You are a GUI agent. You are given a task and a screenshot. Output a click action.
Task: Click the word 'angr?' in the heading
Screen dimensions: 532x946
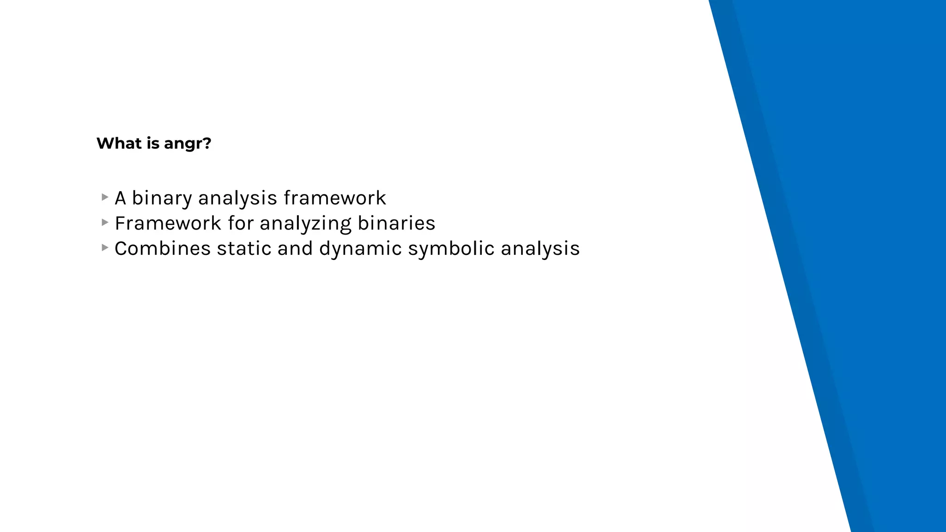point(188,144)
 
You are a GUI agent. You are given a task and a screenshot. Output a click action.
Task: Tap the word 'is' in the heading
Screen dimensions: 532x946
point(153,143)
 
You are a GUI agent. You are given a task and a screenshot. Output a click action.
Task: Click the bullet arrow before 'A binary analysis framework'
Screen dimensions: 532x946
point(105,197)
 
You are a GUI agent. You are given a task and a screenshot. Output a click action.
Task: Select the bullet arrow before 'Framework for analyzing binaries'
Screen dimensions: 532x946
point(105,223)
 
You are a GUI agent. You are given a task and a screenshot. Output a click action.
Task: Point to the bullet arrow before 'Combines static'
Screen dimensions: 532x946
point(105,248)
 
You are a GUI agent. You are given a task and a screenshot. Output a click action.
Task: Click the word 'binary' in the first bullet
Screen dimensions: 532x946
point(162,199)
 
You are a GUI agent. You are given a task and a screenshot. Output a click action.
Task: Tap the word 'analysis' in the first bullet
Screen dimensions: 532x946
point(237,199)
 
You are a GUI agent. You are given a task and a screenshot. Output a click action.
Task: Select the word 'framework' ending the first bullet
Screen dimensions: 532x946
point(334,198)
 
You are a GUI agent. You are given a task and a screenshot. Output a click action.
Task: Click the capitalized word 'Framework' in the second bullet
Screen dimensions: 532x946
point(168,224)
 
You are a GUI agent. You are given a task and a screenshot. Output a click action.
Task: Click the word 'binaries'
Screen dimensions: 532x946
point(396,224)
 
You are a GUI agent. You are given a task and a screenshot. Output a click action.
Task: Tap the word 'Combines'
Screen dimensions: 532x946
point(163,249)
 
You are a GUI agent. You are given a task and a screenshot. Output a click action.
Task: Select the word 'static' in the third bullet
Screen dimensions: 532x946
point(244,249)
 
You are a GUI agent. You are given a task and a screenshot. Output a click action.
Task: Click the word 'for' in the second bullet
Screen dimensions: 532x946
point(241,224)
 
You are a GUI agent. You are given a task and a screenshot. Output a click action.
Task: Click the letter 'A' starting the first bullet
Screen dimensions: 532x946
point(120,198)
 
